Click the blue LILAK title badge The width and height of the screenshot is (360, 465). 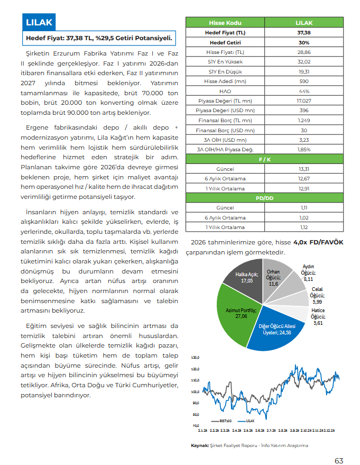coord(39,23)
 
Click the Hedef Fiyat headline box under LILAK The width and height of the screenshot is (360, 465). coord(100,39)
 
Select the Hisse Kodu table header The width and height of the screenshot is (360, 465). coord(225,23)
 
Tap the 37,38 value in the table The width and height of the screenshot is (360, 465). coord(304,33)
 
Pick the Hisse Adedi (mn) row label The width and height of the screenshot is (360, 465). coord(225,81)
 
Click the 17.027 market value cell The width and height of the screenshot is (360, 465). coord(304,101)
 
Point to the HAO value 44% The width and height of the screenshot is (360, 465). coord(304,91)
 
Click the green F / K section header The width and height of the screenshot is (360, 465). coord(264,159)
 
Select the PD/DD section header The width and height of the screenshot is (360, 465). coord(264,198)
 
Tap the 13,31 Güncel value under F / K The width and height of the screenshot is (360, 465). coord(304,169)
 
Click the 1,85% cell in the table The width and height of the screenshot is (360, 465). coord(304,150)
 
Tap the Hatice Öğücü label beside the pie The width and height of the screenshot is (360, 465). coord(318,316)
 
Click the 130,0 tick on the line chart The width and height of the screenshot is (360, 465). coord(195,357)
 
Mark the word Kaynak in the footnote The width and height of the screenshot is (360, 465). coord(199,445)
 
